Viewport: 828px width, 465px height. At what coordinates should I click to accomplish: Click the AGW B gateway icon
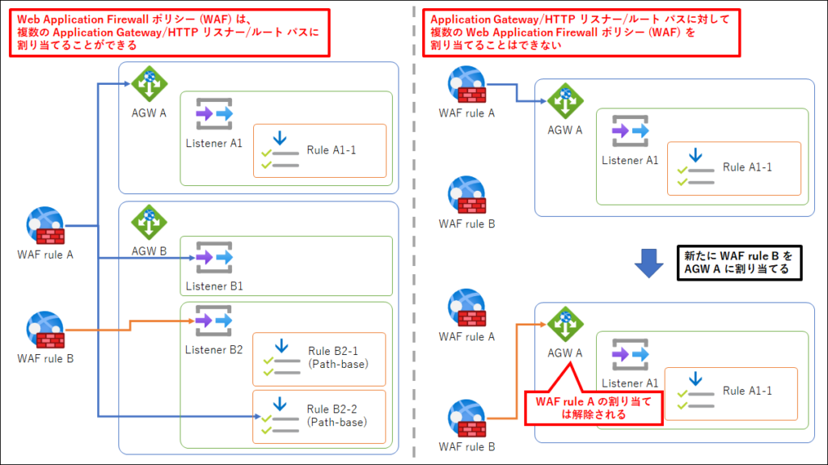point(149,222)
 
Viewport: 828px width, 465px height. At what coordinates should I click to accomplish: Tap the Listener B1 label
point(214,285)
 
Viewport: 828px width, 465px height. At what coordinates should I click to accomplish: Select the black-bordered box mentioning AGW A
point(738,263)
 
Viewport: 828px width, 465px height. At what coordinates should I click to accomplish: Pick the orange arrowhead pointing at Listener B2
point(190,321)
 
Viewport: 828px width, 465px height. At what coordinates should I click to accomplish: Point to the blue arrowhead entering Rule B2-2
point(256,416)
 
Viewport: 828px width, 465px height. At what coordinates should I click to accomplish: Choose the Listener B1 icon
point(214,258)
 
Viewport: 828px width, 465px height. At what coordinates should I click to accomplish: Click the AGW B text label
point(150,251)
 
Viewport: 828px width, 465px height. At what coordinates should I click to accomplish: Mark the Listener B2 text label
point(214,349)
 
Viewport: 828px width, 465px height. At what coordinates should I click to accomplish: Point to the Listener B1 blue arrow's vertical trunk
point(98,243)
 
